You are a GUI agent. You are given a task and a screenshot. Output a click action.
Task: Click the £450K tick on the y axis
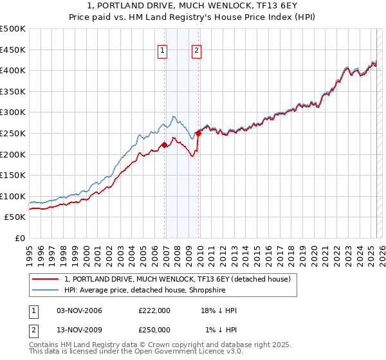14,50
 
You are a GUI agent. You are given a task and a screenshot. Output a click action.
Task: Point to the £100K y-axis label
14,196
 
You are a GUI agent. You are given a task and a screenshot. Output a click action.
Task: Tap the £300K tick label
14,113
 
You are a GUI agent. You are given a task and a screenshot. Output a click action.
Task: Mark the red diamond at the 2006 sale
164,145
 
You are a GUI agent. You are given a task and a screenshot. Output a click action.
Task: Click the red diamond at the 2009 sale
199,133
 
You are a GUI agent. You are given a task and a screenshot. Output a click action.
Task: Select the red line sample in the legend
46,279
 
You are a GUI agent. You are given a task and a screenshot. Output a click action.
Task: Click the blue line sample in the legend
46,290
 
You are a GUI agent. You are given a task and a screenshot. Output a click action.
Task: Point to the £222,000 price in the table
154,310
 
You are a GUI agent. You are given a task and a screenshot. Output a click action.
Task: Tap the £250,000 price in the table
154,330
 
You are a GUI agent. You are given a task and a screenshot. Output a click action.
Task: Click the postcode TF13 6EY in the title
249,7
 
